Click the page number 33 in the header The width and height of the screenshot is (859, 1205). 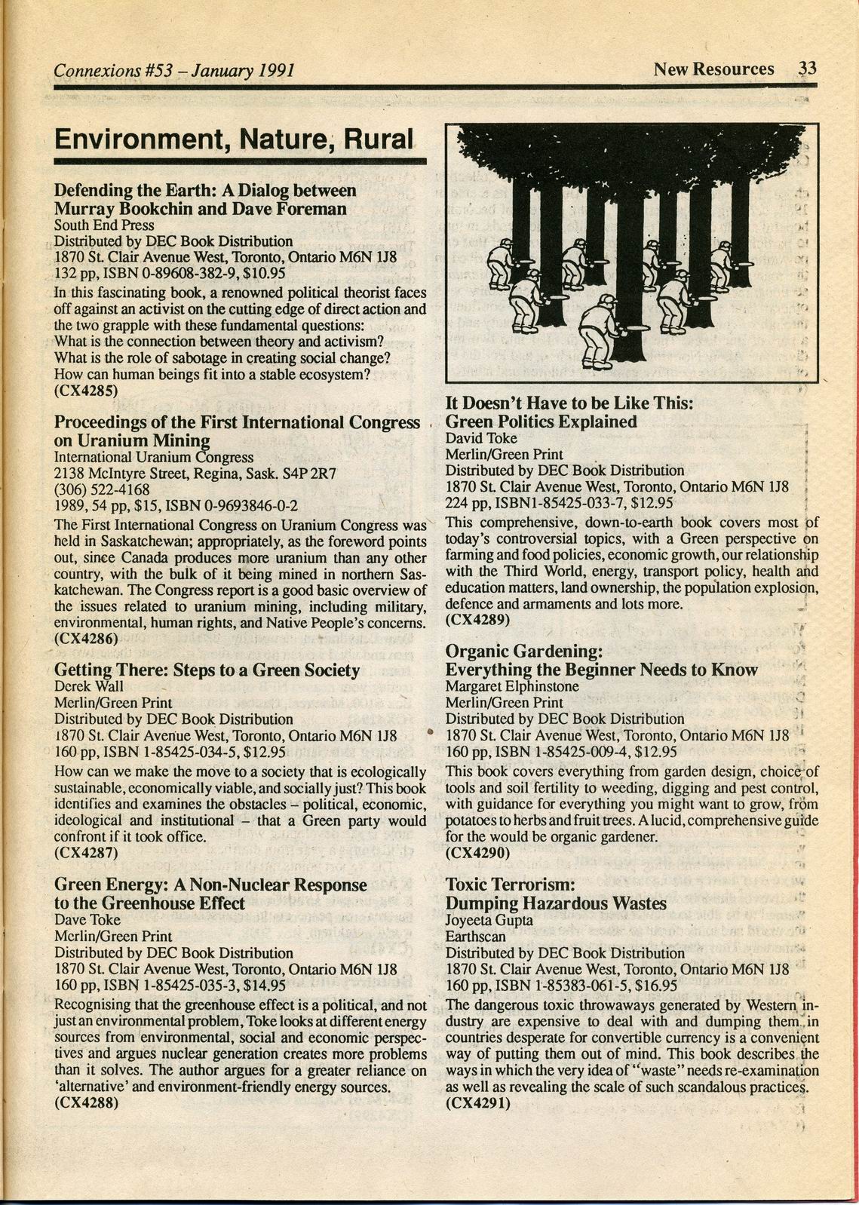[807, 69]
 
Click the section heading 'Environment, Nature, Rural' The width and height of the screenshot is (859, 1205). [235, 140]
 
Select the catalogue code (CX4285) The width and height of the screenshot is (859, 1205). [86, 391]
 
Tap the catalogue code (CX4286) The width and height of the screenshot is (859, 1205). [86, 638]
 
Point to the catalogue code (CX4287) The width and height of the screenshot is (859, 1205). [86, 853]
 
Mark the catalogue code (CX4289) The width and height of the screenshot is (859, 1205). [478, 620]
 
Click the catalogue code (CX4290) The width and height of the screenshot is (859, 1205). [478, 853]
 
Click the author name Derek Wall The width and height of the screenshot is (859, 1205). [89, 686]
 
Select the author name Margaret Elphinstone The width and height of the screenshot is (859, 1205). [512, 686]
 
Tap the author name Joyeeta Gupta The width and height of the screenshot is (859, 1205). [489, 920]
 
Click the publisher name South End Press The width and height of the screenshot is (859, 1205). [104, 225]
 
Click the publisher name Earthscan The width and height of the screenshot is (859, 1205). [476, 937]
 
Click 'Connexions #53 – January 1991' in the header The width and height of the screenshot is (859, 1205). [174, 71]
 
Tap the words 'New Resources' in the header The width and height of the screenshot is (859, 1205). [713, 69]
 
